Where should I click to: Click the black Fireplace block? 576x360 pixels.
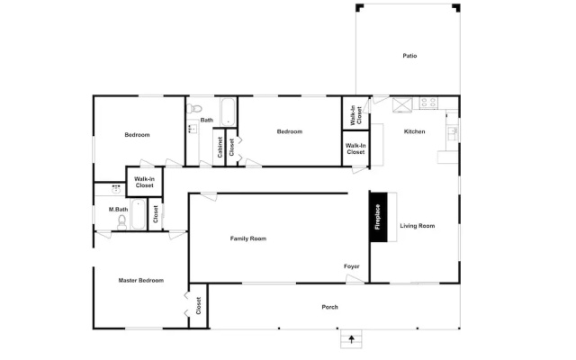[378, 217]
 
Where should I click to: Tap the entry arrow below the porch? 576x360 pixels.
[352, 338]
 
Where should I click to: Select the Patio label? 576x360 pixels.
[409, 56]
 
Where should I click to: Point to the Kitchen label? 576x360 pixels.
[414, 131]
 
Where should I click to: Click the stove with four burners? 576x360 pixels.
[428, 103]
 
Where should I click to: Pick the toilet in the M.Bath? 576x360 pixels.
[122, 222]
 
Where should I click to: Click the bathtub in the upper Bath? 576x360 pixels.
[228, 112]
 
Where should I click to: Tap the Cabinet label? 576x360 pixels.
[220, 148]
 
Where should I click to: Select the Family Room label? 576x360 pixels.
[248, 238]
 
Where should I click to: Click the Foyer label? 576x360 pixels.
[352, 266]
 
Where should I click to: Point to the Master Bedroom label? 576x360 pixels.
[141, 280]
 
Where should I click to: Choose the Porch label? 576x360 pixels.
[330, 307]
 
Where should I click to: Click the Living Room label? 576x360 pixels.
[418, 226]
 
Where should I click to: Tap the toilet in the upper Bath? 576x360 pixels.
[194, 109]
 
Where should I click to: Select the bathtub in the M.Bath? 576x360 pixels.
[139, 214]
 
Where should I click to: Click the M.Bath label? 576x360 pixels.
[118, 210]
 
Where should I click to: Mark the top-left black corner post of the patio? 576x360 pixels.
[359, 7]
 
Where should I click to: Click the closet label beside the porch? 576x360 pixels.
[199, 306]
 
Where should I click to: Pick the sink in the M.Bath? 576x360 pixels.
[116, 190]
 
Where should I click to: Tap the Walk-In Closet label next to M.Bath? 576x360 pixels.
[144, 182]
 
